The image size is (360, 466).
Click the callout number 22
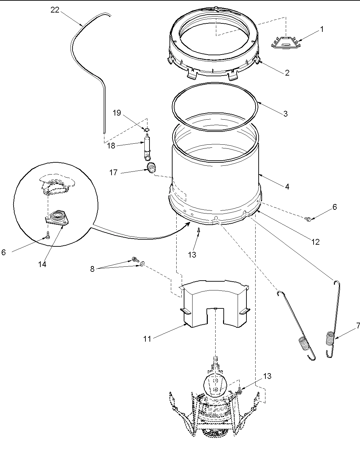coord(55,10)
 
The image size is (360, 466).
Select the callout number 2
coord(287,73)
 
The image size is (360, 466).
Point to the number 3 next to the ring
coord(285,114)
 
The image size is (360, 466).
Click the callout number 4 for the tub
coord(287,186)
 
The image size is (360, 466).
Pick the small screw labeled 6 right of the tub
coord(308,220)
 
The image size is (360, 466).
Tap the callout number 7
coord(358,326)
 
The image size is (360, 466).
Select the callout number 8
coord(92,269)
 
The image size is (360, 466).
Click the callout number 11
coord(147,339)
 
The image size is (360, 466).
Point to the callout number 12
coord(315,242)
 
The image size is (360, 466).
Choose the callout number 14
coord(42,264)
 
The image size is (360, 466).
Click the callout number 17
coord(113,173)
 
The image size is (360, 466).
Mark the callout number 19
coord(117,113)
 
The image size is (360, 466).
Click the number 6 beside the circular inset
coord(3,252)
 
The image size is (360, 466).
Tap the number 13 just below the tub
coord(192,255)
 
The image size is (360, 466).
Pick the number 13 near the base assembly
coord(267,376)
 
